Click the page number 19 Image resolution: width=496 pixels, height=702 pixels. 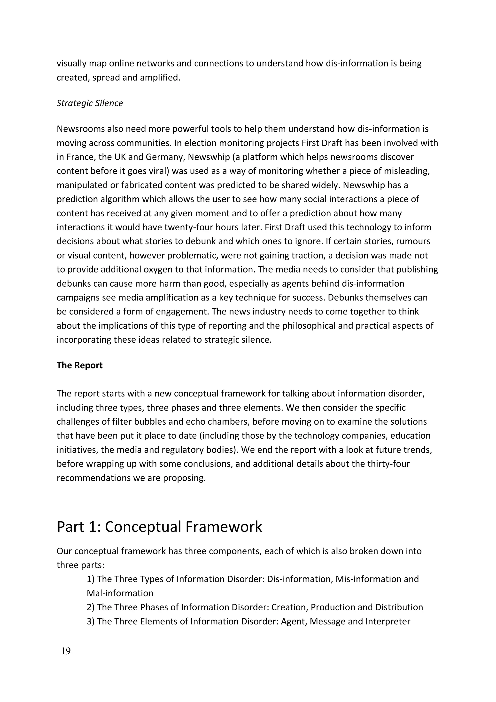(66, 651)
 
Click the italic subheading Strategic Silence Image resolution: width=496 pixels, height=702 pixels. (90, 103)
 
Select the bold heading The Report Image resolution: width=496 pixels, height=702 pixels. (79, 365)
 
